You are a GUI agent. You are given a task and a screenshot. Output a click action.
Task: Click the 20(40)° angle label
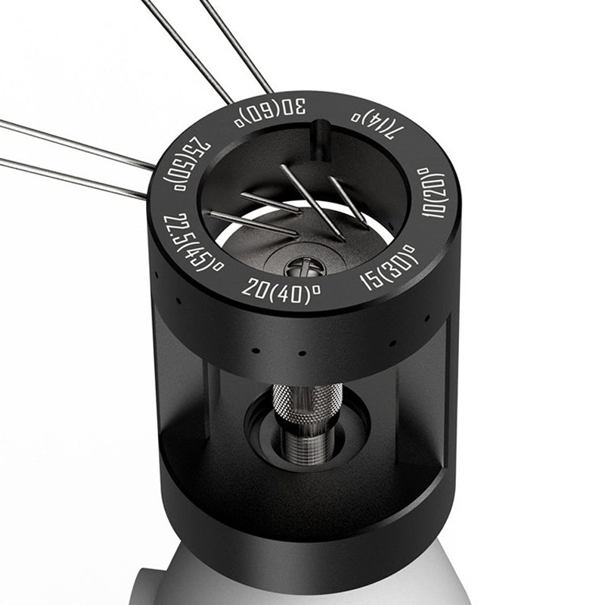[x=281, y=291]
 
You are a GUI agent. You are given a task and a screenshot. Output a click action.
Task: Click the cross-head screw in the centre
[x=306, y=267]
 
